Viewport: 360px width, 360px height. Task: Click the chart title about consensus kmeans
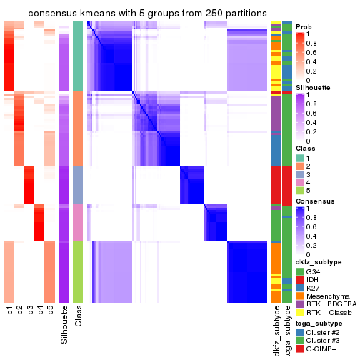(x=137, y=14)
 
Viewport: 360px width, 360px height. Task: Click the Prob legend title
(x=304, y=26)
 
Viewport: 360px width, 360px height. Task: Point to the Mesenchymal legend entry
(x=326, y=296)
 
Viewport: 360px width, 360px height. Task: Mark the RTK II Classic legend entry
(x=329, y=314)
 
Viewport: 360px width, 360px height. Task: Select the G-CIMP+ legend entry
(x=322, y=349)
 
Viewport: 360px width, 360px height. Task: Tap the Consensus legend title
(x=314, y=201)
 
